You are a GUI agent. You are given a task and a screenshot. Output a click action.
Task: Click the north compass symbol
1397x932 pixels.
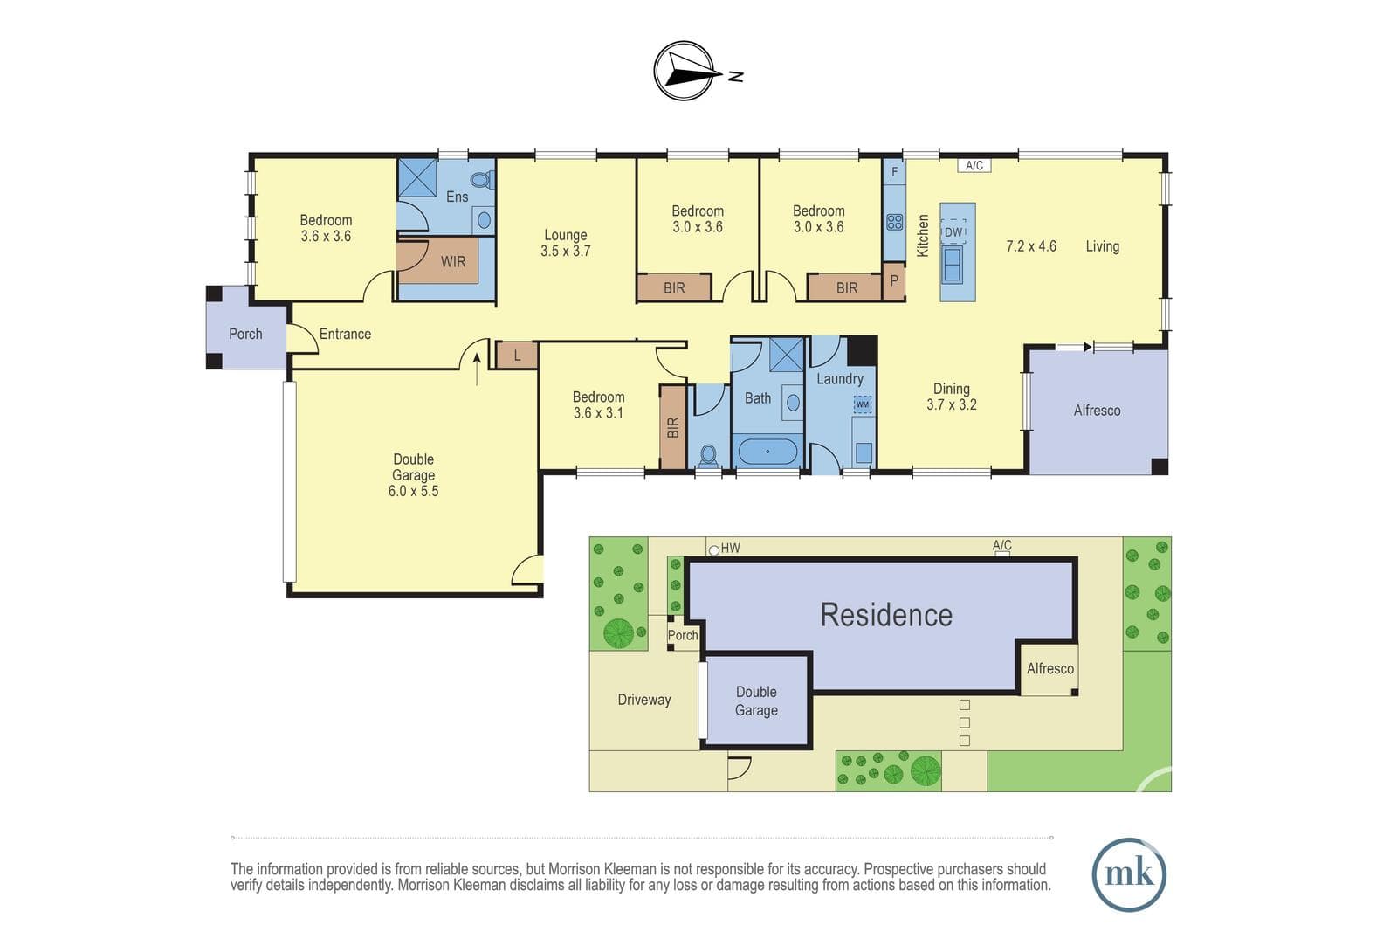[x=684, y=71]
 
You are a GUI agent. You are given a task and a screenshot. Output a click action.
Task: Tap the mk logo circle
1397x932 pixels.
[x=1129, y=874]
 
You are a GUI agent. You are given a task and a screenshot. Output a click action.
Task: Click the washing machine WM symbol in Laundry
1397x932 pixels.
[x=863, y=404]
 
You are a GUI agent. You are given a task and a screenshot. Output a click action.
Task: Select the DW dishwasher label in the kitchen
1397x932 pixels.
[x=953, y=232]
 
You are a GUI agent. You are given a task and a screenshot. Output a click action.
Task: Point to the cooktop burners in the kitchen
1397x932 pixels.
[x=894, y=222]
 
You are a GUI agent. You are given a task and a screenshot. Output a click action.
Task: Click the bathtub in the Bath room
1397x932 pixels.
[x=767, y=451]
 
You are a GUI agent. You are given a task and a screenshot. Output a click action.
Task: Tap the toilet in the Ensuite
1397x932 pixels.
[x=482, y=180]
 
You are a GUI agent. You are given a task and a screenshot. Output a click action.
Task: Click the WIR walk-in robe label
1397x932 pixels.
[x=453, y=261]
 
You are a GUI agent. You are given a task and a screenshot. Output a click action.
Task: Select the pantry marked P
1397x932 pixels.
[x=894, y=281]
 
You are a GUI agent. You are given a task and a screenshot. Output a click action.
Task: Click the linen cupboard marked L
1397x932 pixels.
[x=517, y=356]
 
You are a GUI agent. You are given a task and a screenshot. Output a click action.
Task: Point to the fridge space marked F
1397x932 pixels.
[x=894, y=171]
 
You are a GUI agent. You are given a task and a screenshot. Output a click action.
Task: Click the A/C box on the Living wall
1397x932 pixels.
[x=974, y=165]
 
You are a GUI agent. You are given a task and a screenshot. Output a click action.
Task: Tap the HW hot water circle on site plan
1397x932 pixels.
[x=714, y=550]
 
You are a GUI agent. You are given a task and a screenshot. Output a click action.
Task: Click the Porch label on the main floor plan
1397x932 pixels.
[x=245, y=334]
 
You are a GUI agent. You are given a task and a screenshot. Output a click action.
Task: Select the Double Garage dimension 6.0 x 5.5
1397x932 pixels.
[x=414, y=491]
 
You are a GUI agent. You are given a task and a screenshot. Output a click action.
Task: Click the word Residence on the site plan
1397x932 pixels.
[x=886, y=615]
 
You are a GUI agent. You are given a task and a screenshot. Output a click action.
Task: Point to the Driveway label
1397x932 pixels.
[x=644, y=700]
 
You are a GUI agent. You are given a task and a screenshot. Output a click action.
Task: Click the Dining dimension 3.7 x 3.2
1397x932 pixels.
[x=952, y=404]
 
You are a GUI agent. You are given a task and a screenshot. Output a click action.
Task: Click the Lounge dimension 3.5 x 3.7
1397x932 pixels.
[x=566, y=251]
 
